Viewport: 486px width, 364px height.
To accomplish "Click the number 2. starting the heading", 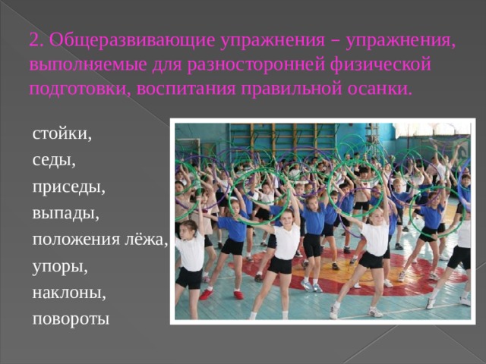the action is coord(36,39).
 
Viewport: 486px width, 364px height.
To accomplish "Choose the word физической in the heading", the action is coord(380,66).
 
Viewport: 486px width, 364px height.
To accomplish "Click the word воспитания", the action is coord(186,89).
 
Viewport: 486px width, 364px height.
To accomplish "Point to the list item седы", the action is coord(54,161).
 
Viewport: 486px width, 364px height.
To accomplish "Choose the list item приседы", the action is coord(69,188).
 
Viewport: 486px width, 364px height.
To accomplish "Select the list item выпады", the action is coord(66,214).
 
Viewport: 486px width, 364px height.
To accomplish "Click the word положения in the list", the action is coord(76,240).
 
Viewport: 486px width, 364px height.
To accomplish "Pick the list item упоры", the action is coord(60,268).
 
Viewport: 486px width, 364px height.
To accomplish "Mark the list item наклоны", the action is coord(69,293).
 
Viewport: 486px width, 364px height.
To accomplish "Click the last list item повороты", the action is coord(71,320).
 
